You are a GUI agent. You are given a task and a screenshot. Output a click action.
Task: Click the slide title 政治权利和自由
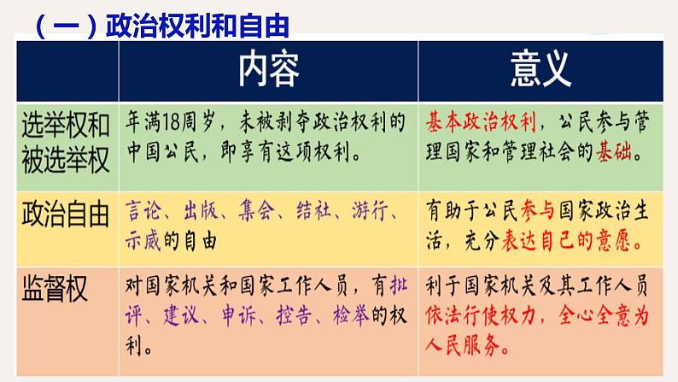196,25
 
